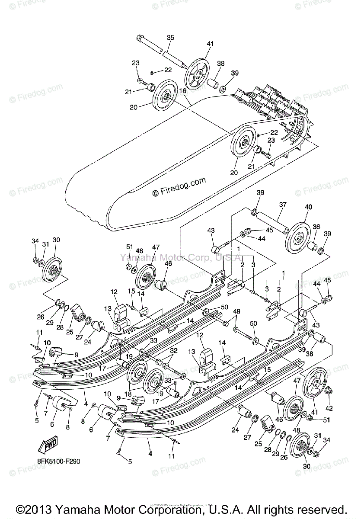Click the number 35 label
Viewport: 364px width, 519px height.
point(170,38)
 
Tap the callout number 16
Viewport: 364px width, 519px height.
point(182,90)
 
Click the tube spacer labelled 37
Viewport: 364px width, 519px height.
point(271,221)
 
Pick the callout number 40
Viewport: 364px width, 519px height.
point(308,207)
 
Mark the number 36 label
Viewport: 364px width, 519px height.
point(316,227)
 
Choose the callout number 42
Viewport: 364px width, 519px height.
point(329,408)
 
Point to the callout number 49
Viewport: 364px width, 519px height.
point(236,311)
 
